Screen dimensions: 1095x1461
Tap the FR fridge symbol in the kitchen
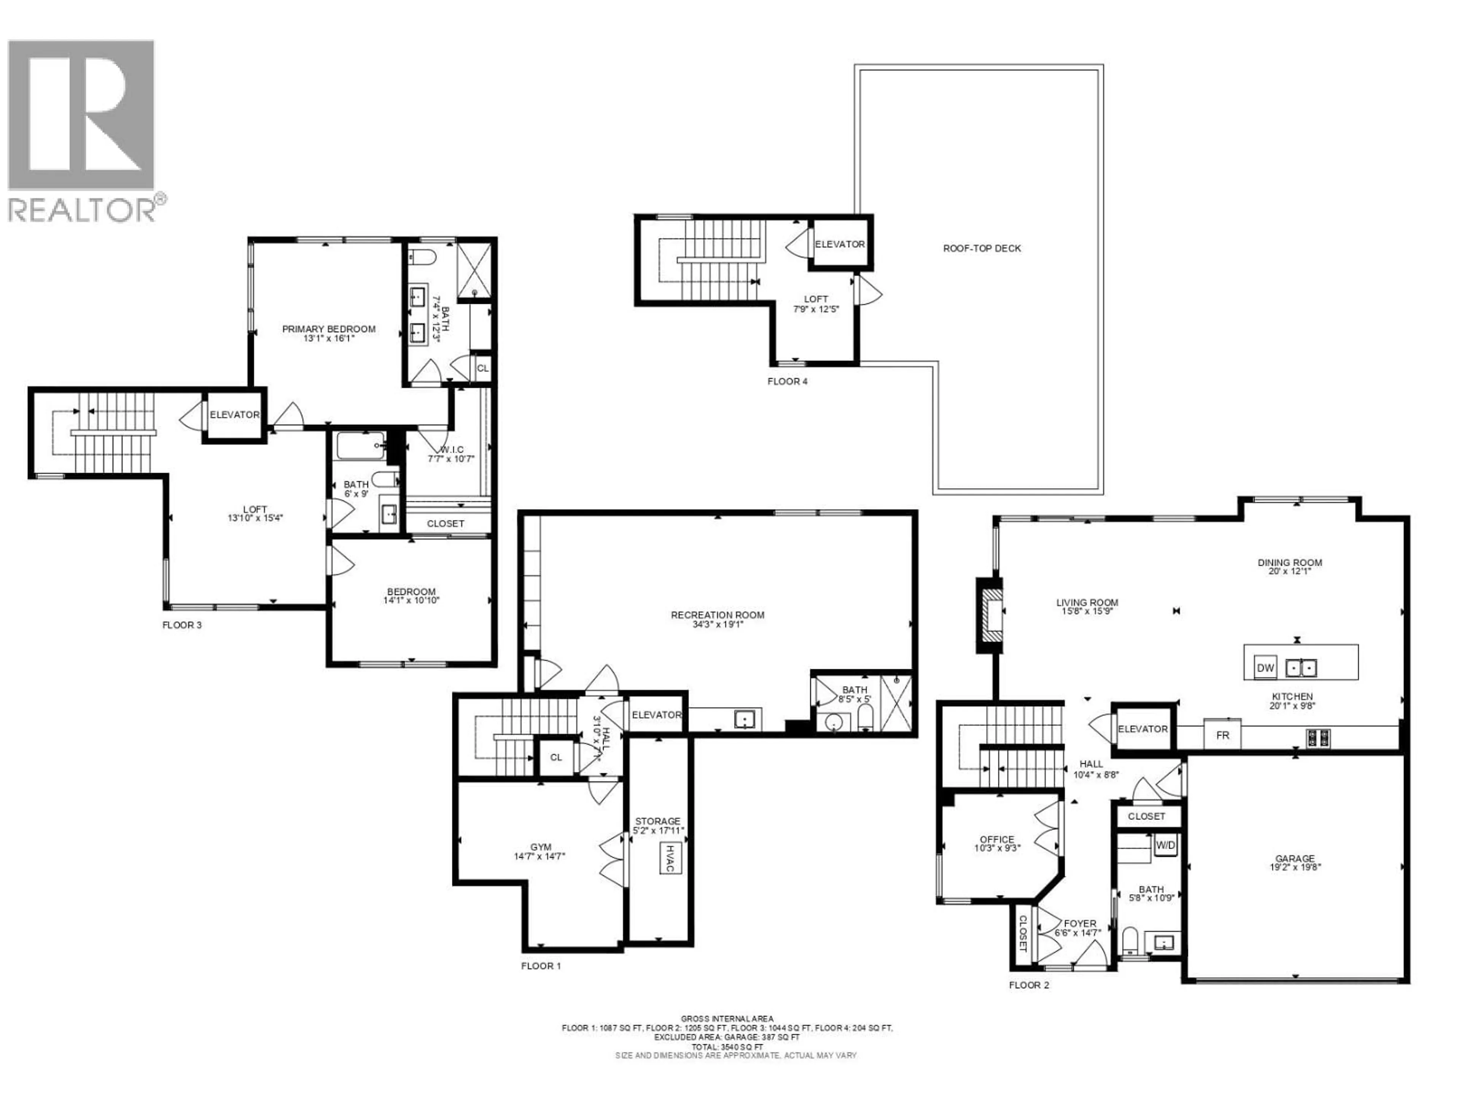1222,735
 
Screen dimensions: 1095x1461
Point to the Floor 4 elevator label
839,244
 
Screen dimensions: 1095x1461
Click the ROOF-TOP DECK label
982,248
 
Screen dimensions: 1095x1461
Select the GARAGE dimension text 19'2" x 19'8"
1295,868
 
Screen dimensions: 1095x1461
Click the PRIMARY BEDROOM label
329,329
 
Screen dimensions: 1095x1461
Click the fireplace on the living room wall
990,615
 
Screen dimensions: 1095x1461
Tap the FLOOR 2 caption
1028,985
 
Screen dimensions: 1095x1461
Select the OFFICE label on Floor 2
997,839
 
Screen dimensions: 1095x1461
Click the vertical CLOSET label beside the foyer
1022,933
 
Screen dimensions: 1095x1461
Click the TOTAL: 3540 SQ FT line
727,1047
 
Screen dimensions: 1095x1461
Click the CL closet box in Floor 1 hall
556,757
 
